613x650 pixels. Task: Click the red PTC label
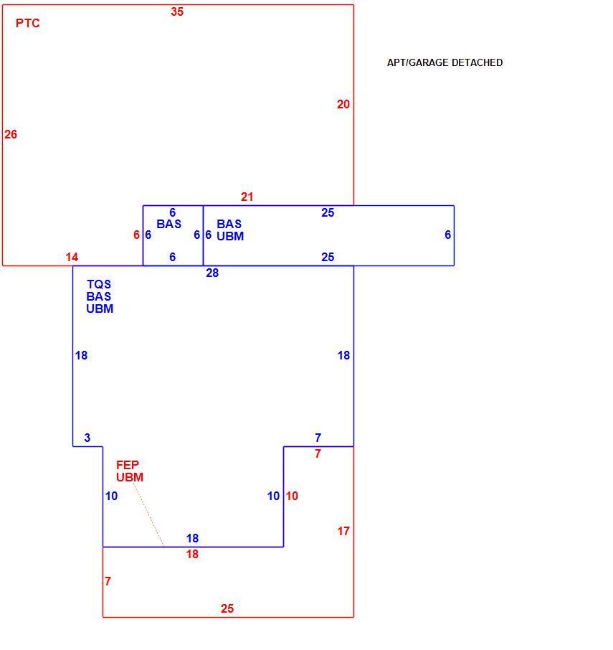pos(28,23)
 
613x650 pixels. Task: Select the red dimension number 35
pos(177,11)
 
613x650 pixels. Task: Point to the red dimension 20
pos(343,104)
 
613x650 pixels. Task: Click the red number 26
pos(11,134)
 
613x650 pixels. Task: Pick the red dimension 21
pos(247,197)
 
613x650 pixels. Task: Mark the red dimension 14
pos(72,257)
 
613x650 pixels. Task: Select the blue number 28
pos(212,273)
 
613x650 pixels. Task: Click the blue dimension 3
pos(87,438)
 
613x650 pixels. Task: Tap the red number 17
pos(343,531)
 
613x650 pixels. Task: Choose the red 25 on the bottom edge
pos(227,608)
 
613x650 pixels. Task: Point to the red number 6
pos(136,235)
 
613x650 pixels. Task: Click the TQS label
pos(99,284)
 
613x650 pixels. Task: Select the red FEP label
pos(128,465)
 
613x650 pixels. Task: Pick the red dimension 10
pos(292,496)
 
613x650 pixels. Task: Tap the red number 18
pos(192,555)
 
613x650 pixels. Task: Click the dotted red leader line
pos(148,515)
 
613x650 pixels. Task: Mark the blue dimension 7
pos(318,438)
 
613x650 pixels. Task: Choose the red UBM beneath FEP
pos(130,478)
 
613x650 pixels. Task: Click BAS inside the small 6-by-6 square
pos(169,225)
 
